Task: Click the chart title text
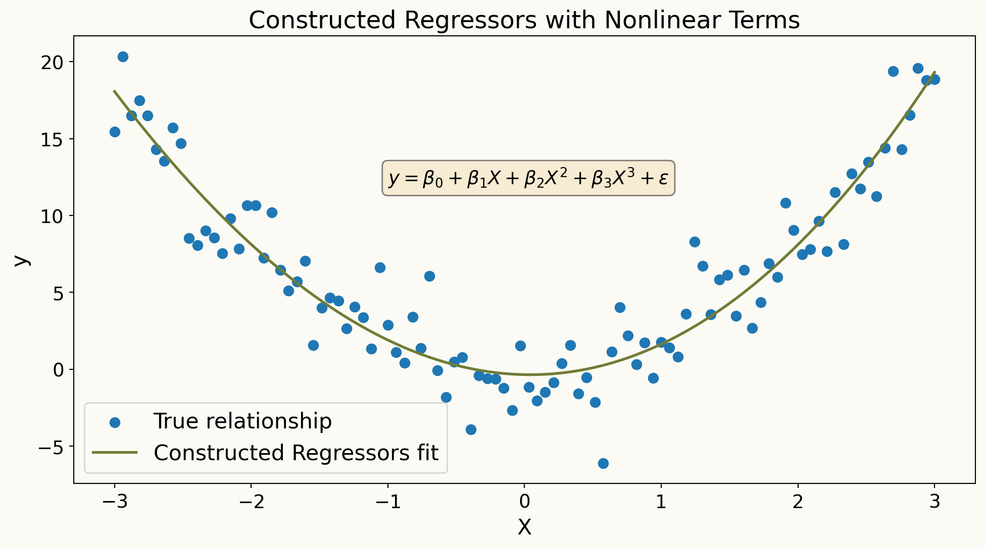coord(524,20)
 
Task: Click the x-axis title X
coord(524,528)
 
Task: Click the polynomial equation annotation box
coord(528,178)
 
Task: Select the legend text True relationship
coord(242,421)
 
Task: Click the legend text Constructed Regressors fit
coord(296,453)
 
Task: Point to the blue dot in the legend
coord(115,422)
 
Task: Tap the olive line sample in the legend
coord(115,453)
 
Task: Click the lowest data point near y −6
coord(603,463)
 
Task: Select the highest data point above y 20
coord(123,57)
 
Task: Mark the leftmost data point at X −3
coord(115,132)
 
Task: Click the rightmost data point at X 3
coord(934,79)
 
